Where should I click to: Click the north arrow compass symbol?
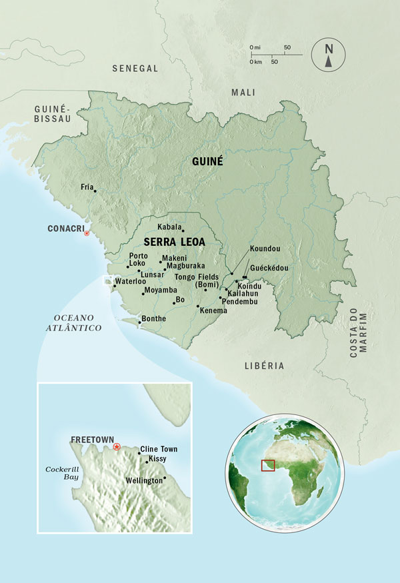click(328, 54)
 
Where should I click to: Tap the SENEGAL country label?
click(135, 69)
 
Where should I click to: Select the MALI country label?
click(243, 93)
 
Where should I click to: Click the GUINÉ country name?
click(207, 162)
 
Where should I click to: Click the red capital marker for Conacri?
click(86, 233)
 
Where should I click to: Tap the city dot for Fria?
click(95, 191)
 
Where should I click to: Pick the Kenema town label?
click(213, 310)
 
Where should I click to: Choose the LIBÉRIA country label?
click(264, 366)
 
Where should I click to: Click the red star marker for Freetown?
click(117, 446)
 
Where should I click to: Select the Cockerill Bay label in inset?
click(63, 473)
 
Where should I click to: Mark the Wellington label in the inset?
click(143, 480)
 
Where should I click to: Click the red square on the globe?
click(268, 464)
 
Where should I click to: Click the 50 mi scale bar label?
click(287, 48)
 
